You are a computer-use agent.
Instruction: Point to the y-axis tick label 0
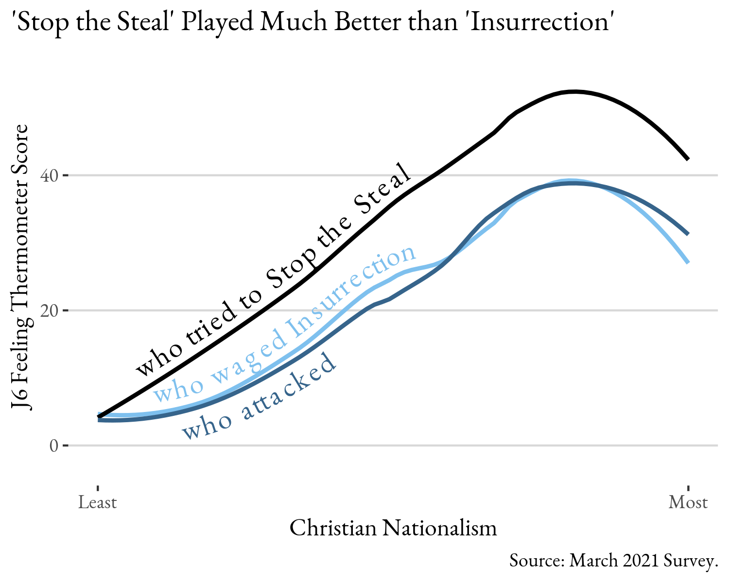tap(53, 446)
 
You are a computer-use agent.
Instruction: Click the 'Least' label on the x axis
tap(98, 502)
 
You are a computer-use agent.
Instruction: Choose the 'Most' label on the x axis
tap(688, 502)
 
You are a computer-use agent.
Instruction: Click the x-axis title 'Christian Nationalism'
tap(393, 528)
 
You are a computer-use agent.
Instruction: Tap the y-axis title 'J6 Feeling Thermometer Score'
tap(22, 267)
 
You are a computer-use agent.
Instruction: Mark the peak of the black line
tap(574, 91)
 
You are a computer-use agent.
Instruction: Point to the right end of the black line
tap(688, 159)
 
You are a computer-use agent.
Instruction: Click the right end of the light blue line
tap(688, 262)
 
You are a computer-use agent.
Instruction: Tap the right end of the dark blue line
tap(688, 234)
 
